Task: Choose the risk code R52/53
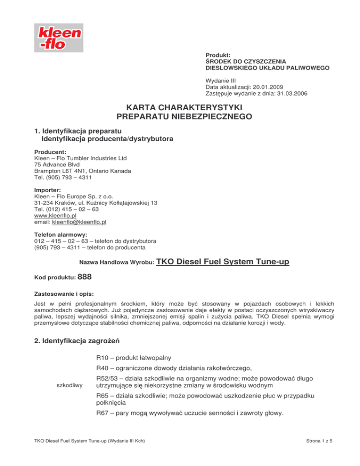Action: click(107, 378)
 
